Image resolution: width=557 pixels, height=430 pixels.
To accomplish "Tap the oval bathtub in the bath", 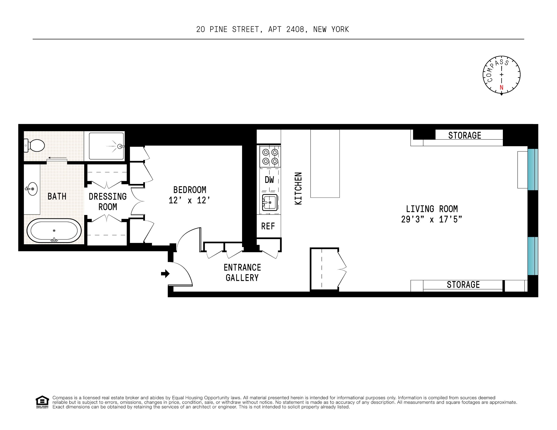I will tap(54, 231).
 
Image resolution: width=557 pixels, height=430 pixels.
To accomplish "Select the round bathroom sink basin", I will tap(32, 189).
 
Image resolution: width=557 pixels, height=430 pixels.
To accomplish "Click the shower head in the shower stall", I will tap(120, 146).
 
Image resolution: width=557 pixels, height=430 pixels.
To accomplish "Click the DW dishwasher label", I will tap(269, 180).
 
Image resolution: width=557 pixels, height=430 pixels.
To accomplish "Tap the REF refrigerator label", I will tap(268, 226).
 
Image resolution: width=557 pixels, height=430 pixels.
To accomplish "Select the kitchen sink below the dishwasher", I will tap(270, 202).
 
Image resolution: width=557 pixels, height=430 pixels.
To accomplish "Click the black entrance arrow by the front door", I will tap(165, 274).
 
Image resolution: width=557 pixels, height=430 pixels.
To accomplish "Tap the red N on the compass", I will tap(501, 87).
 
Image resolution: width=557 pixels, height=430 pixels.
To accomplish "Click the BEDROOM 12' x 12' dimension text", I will tap(189, 200).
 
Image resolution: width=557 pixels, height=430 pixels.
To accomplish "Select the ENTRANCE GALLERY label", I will tap(242, 272).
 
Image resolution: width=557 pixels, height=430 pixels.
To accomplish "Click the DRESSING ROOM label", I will tap(108, 201).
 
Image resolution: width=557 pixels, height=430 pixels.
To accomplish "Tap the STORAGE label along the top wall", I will tap(464, 135).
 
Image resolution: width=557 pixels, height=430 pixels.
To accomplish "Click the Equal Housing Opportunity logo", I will tap(42, 402).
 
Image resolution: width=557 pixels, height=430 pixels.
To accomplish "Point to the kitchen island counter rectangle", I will tap(325, 163).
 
